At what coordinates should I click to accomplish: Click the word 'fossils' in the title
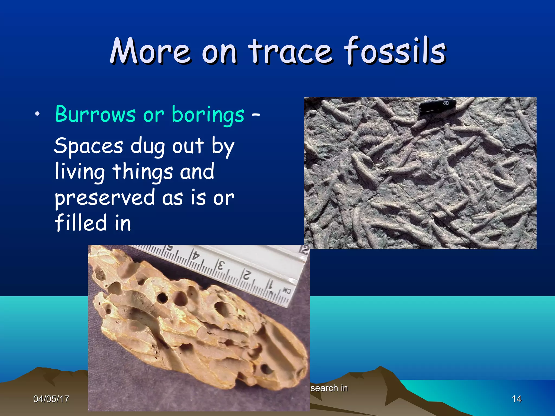click(395, 51)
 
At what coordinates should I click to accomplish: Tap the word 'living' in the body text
click(80, 172)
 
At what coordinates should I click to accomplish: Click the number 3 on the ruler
click(221, 265)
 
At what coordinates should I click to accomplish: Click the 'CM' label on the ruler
click(286, 291)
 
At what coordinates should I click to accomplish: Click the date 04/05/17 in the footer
click(51, 399)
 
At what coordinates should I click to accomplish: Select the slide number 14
click(516, 399)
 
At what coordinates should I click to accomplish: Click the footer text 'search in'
click(329, 388)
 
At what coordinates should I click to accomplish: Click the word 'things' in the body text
click(143, 172)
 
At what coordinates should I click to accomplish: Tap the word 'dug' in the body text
click(147, 147)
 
